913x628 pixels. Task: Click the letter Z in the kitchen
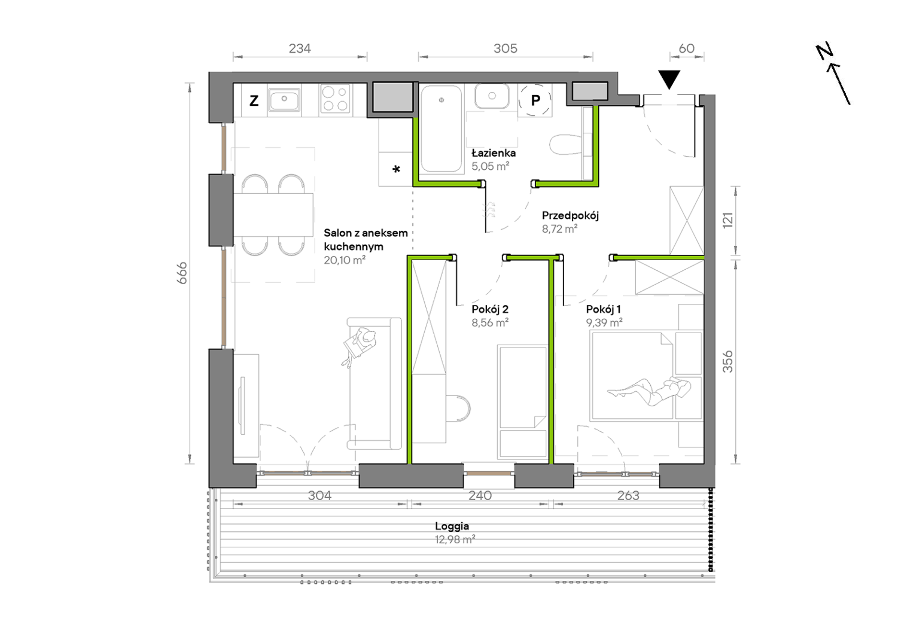254,100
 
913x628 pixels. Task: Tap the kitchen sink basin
284,100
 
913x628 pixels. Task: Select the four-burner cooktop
335,99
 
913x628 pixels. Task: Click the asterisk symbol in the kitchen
396,169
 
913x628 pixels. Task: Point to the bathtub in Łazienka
441,129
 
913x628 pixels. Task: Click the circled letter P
535,100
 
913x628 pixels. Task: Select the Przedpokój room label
570,215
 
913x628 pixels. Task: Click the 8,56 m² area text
490,323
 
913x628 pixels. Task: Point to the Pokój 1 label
604,309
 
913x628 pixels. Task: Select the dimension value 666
182,273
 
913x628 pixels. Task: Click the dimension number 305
506,49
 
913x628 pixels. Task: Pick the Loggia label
452,526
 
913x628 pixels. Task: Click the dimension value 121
728,220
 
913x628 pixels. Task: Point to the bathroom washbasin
492,96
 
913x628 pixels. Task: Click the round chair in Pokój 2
458,409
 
